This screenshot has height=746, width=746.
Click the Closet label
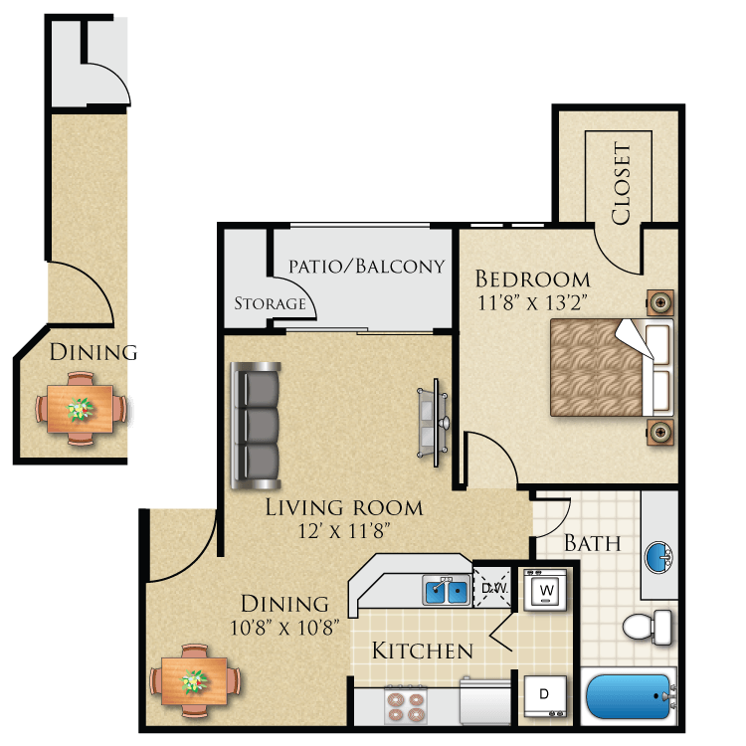[621, 184]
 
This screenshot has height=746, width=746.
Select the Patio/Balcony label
[366, 267]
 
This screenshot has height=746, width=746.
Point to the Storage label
[269, 303]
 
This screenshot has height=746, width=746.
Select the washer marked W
[545, 592]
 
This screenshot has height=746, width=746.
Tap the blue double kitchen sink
[446, 592]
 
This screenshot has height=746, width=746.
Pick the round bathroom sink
[657, 556]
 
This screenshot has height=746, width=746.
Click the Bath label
[593, 544]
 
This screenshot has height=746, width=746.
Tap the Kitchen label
[422, 652]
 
